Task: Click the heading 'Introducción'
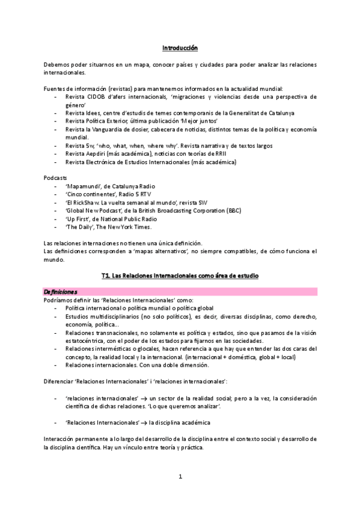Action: pos(180,48)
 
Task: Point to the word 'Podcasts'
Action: pos(56,178)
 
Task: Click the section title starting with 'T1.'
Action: pos(180,275)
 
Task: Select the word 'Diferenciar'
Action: pos(61,382)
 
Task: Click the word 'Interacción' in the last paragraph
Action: pos(61,439)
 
